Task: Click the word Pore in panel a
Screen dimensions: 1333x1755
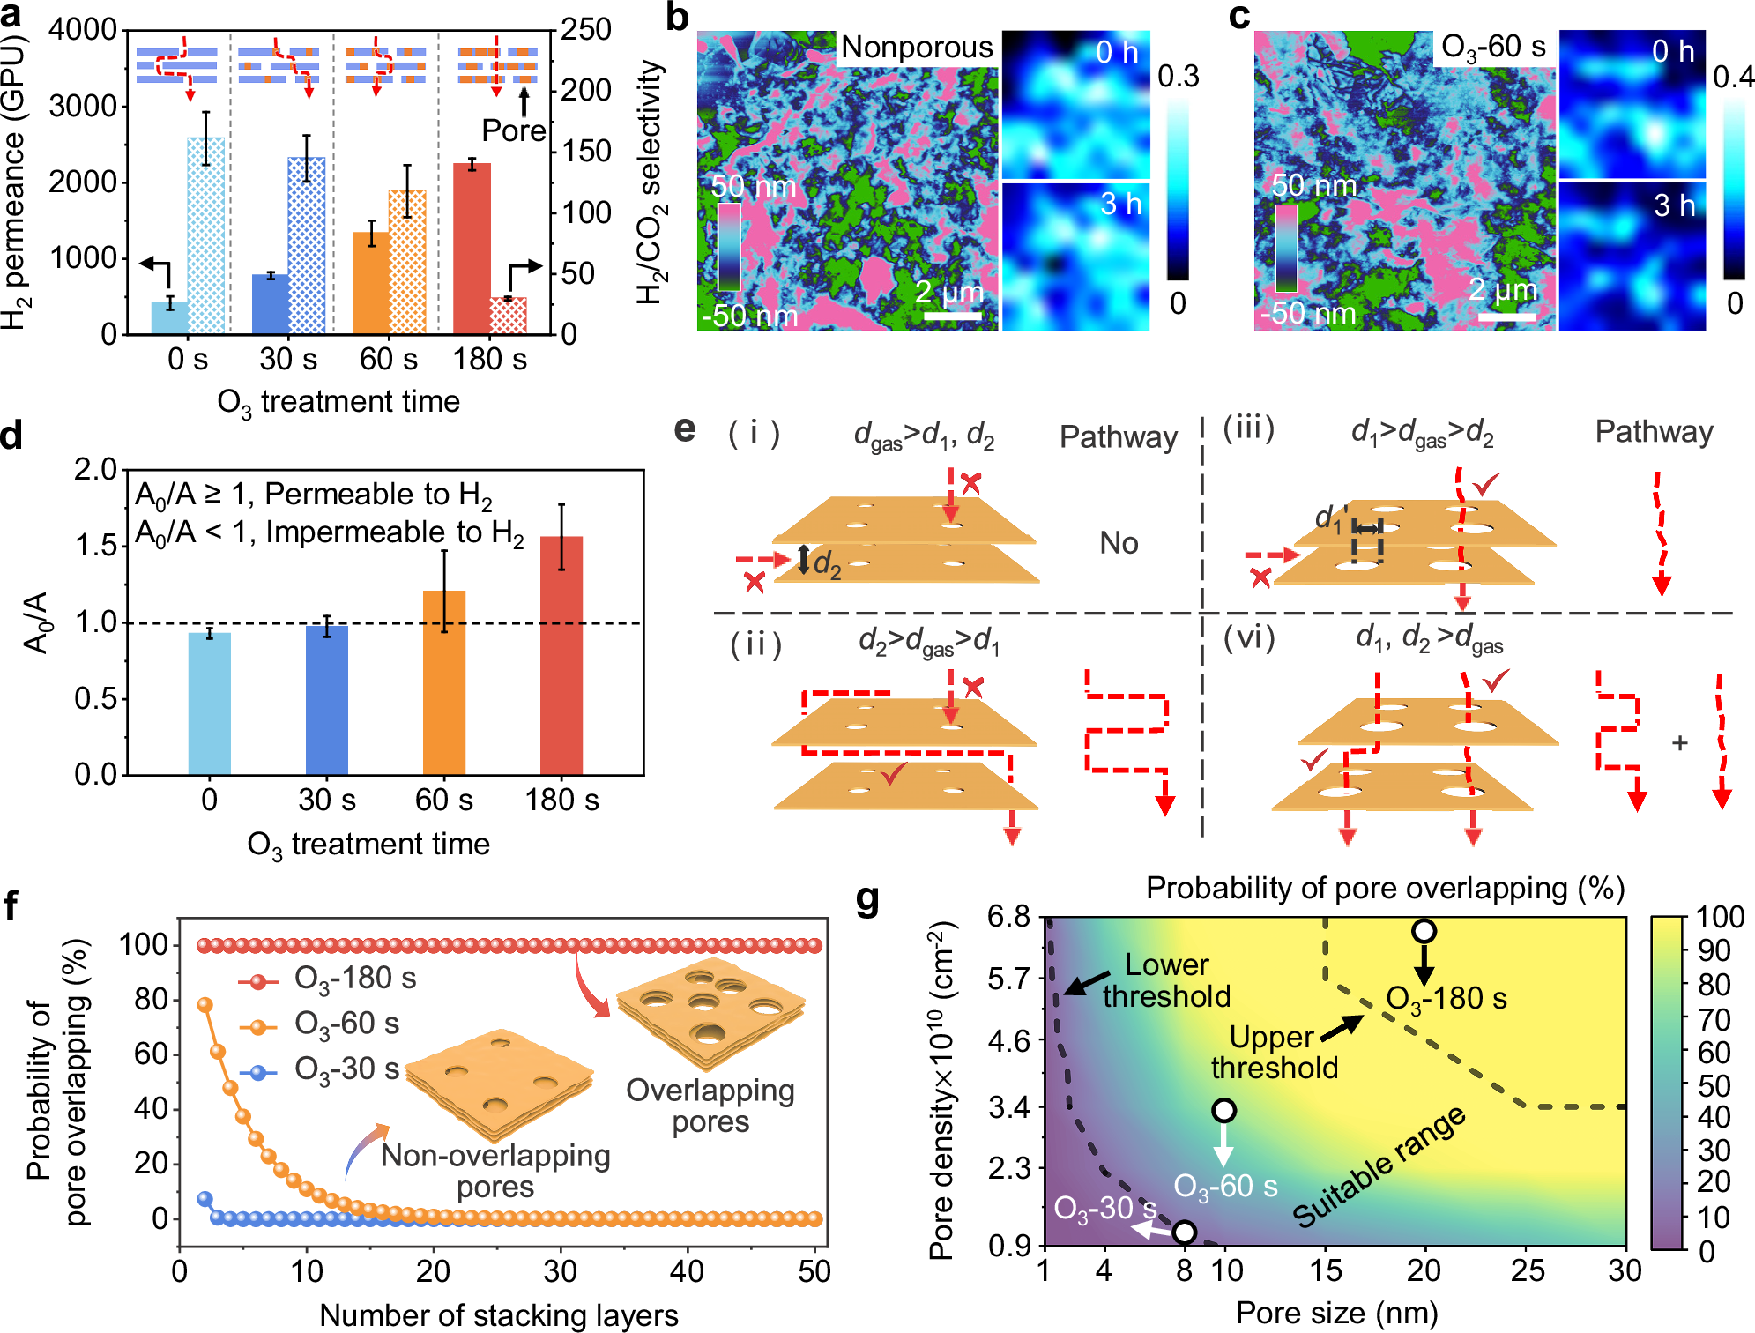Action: click(513, 131)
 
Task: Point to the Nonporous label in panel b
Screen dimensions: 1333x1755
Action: click(917, 47)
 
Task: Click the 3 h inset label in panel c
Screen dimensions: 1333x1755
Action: click(1673, 205)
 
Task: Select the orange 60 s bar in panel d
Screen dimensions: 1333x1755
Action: click(444, 682)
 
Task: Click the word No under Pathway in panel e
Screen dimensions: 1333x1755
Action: click(1119, 543)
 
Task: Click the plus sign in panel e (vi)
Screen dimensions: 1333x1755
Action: click(1679, 743)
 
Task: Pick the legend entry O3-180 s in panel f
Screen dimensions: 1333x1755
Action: click(354, 979)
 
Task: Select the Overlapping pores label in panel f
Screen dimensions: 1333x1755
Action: click(710, 1106)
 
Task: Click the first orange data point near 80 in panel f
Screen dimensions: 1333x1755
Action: click(205, 1005)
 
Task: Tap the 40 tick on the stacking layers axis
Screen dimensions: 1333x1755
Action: click(687, 1271)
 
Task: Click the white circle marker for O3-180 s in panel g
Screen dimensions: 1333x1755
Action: click(1424, 931)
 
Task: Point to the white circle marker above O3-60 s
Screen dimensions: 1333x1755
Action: click(1223, 1111)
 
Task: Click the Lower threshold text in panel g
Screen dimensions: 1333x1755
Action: click(1165, 980)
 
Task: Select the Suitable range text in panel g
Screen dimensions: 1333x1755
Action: click(1379, 1165)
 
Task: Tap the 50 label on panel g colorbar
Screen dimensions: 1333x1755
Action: click(1714, 1085)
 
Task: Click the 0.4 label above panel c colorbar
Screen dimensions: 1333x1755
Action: click(1733, 78)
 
